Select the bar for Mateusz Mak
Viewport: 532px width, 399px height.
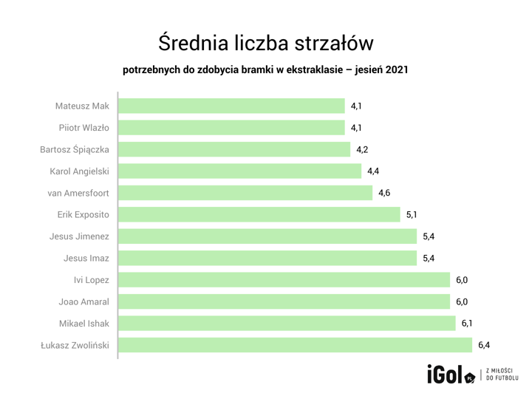tap(231, 106)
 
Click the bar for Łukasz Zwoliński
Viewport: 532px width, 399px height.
tap(295, 345)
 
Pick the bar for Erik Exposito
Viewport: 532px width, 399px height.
tap(259, 215)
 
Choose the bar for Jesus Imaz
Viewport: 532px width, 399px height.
tap(267, 259)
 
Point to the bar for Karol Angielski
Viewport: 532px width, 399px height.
tap(239, 171)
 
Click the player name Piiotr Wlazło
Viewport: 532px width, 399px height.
tap(84, 128)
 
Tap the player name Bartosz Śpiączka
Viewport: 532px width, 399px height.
tap(75, 150)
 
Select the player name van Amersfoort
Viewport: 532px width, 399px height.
tap(78, 193)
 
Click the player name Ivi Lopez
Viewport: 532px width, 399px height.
tap(92, 280)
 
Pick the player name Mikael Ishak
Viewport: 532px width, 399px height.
tap(84, 324)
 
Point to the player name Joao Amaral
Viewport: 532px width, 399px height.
tap(84, 301)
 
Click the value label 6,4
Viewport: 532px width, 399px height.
tap(484, 345)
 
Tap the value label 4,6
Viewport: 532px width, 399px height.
tap(384, 193)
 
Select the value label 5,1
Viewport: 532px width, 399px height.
tap(412, 215)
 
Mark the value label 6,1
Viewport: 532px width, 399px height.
tap(468, 324)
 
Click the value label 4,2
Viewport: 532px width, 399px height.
tap(362, 150)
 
